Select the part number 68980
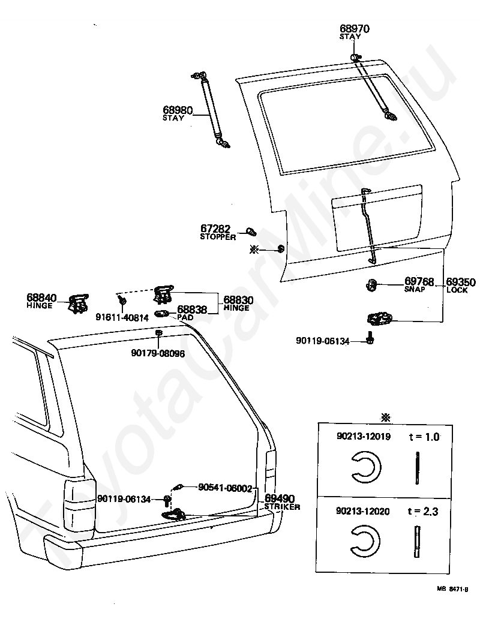tap(177, 110)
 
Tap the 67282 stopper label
tap(215, 229)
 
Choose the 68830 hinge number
tap(238, 299)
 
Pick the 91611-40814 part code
tap(122, 318)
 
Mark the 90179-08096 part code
tap(158, 353)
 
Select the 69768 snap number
tap(419, 281)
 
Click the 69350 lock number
tap(461, 282)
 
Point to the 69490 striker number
tap(280, 499)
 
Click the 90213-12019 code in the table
tap(363, 437)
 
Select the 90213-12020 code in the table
tap(363, 512)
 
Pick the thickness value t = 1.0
tap(424, 437)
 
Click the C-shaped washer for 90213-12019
tap(364, 466)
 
